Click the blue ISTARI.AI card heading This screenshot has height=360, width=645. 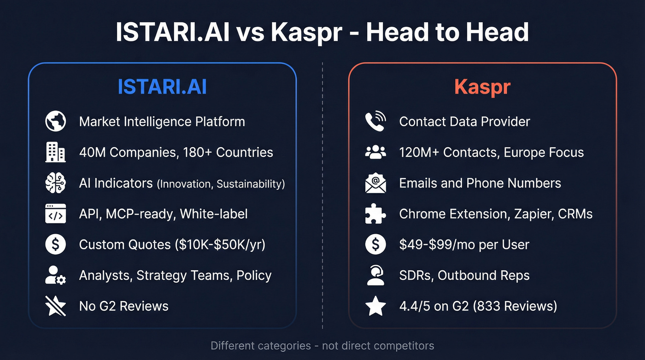tap(162, 87)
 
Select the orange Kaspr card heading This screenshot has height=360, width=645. tap(482, 87)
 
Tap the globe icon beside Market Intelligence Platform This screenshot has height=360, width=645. tap(56, 122)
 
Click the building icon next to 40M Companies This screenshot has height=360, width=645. tap(56, 153)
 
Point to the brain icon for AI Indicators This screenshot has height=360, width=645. tap(56, 183)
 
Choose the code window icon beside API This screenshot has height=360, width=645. tap(56, 214)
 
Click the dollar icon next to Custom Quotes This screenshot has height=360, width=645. tap(56, 244)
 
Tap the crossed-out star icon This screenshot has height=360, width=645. tap(56, 306)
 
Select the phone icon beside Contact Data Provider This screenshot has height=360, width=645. tap(375, 122)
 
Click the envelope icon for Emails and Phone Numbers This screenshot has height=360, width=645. tap(375, 183)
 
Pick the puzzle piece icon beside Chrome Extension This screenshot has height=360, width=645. tap(375, 214)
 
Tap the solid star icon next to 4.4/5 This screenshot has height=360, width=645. tap(375, 306)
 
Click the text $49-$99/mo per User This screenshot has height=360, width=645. tap(464, 244)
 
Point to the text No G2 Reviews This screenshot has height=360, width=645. tap(123, 306)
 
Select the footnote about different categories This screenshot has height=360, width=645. tap(322, 345)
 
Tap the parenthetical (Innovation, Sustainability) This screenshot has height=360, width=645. tap(221, 184)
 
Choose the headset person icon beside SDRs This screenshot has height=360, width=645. tap(375, 275)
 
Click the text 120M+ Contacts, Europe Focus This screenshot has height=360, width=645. tap(491, 153)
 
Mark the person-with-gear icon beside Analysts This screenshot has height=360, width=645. tap(56, 275)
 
